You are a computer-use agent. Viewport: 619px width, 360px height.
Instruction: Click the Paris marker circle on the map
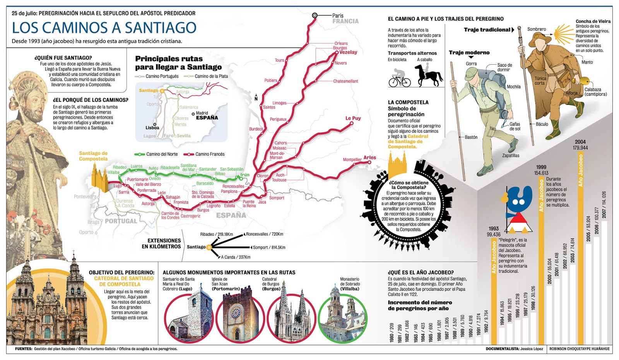point(315,15)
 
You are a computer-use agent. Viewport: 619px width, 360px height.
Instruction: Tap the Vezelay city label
point(348,52)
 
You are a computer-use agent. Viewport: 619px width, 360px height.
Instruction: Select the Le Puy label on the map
point(353,118)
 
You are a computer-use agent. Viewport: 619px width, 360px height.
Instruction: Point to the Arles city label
point(369,158)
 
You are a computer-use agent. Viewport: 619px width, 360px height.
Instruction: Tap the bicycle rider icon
point(399,78)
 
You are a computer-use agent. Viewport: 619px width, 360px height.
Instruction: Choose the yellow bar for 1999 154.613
point(541,259)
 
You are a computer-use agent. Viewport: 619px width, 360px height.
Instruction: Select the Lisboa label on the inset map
point(152,128)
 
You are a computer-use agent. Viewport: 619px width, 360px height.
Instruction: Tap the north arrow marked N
point(256,98)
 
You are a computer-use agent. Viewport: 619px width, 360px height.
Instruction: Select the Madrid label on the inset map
point(202,113)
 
